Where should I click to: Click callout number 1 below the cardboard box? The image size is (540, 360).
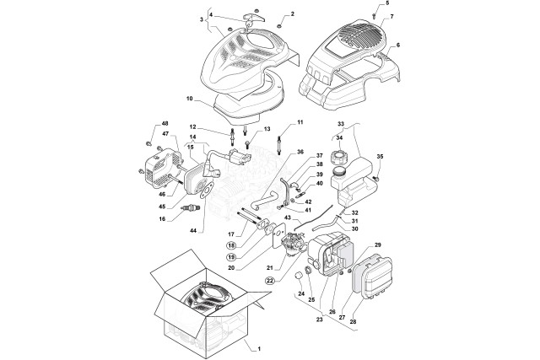point(260,347)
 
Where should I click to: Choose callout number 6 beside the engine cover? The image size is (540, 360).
point(397,45)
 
